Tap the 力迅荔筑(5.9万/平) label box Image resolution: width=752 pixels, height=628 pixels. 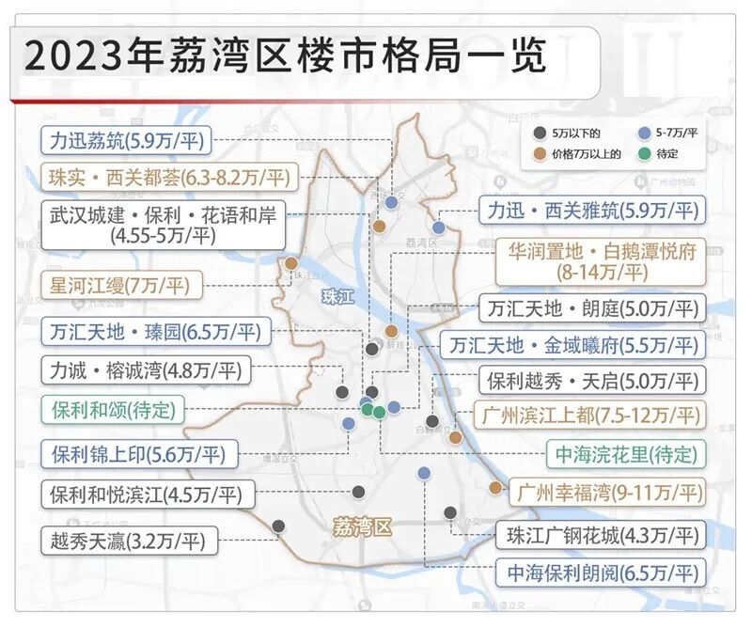(x=128, y=142)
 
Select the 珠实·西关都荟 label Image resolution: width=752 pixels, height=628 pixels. (x=169, y=176)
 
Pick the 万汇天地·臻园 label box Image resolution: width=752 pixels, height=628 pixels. (x=156, y=332)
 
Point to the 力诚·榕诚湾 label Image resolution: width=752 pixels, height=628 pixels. (x=147, y=371)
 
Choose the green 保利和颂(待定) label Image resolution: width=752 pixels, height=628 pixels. (x=113, y=411)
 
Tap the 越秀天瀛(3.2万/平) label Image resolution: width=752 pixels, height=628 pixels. (x=130, y=541)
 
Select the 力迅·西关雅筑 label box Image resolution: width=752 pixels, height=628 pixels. (x=592, y=210)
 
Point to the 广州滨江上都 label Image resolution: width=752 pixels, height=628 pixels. (x=579, y=415)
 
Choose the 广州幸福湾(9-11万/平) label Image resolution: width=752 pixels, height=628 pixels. (x=606, y=492)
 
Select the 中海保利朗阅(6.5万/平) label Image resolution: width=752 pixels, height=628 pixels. (x=602, y=571)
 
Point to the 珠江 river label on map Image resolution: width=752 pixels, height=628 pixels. (x=335, y=297)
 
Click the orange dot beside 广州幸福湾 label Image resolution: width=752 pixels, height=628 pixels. (x=495, y=487)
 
